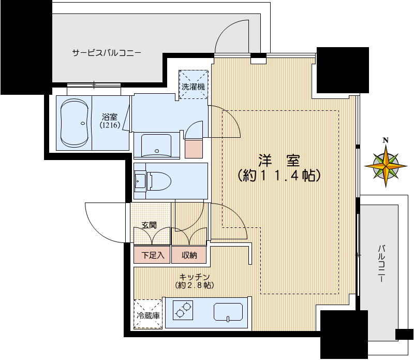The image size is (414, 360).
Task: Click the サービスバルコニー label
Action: pyautogui.click(x=107, y=53)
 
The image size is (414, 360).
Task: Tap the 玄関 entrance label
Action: pyautogui.click(x=150, y=226)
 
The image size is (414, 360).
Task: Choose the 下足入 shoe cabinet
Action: pyautogui.click(x=152, y=255)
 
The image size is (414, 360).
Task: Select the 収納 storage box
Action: pyautogui.click(x=188, y=255)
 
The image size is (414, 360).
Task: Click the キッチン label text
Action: pyautogui.click(x=195, y=277)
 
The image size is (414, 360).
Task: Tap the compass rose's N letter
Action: pyautogui.click(x=386, y=140)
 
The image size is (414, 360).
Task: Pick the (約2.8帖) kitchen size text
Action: pyautogui.click(x=195, y=285)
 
